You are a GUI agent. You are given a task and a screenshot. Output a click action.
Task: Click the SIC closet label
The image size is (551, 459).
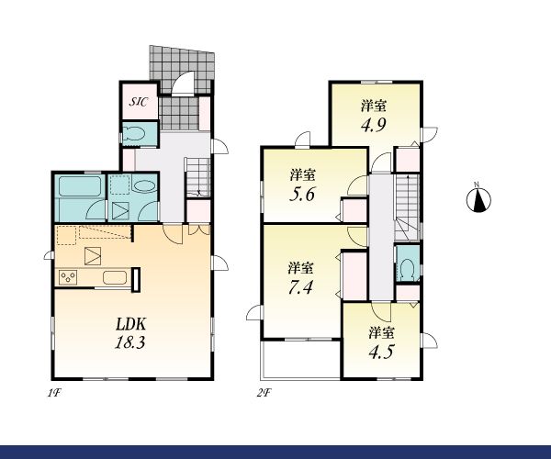tap(140, 102)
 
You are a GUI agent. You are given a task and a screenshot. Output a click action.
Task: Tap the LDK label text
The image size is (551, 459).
tap(130, 324)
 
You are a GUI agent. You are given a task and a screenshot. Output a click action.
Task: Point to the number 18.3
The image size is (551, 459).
tap(129, 342)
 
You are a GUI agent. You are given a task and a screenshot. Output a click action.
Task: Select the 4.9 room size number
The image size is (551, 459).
tap(374, 124)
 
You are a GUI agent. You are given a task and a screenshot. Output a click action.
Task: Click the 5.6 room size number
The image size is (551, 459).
tap(302, 194)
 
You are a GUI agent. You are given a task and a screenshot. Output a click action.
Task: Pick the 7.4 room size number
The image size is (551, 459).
tap(300, 287)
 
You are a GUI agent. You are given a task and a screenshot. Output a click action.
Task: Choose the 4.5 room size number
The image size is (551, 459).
tap(380, 352)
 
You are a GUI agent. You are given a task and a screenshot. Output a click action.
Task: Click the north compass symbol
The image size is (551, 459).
tap(478, 199)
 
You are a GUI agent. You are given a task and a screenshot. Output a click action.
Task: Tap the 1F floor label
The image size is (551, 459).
tap(55, 393)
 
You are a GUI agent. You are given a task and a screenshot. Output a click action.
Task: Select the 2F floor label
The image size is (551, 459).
tap(264, 393)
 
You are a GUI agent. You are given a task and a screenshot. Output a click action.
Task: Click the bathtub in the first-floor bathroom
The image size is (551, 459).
tap(80, 185)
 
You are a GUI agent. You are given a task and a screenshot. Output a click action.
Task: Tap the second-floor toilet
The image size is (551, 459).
tap(407, 269)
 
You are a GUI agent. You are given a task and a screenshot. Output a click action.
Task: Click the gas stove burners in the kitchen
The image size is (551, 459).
tap(68, 277)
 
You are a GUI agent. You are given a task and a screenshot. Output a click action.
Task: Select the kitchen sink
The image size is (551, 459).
tap(115, 278)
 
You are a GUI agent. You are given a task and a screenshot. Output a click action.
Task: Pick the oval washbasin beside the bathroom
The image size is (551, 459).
tap(145, 185)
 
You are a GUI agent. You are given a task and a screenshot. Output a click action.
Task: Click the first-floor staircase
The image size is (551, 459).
tap(197, 177)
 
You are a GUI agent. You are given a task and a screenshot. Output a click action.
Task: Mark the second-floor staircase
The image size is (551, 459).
tap(407, 207)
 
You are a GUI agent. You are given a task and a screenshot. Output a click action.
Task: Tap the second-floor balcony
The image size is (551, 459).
tap(300, 360)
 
